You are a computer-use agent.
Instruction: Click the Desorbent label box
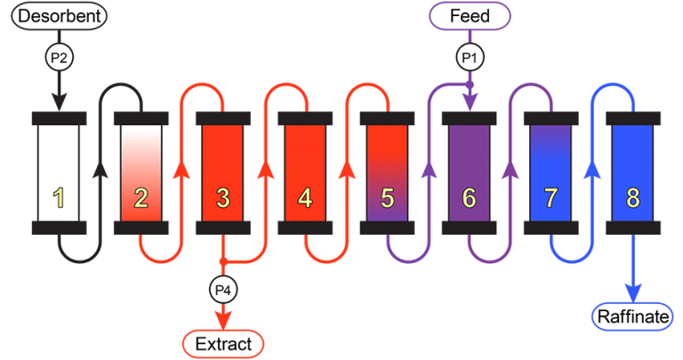coord(59,16)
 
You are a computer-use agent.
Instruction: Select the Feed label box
coord(470,16)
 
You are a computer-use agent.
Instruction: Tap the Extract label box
coord(223,344)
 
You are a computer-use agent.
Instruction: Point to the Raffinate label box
coord(632,316)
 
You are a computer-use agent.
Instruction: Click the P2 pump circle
coord(60,57)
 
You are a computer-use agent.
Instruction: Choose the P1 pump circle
coord(470,57)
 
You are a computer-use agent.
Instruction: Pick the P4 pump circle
coord(223,290)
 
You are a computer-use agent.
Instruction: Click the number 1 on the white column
coord(59,197)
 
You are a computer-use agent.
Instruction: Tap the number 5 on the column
coord(387,197)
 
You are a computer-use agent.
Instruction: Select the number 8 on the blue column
coord(633,197)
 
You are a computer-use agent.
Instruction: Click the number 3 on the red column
coord(223,197)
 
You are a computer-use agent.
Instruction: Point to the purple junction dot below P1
coord(470,84)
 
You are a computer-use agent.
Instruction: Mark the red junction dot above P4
coord(223,261)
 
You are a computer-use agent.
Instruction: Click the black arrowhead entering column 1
coord(60,102)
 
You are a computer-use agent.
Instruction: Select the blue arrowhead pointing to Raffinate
coord(633,292)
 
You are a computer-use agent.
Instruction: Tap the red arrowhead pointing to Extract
coord(223,321)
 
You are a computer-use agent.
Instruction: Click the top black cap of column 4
coord(305,118)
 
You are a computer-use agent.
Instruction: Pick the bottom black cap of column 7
coord(551,228)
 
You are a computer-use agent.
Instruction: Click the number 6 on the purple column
coord(470,197)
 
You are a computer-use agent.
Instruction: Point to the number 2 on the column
coord(141,197)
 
